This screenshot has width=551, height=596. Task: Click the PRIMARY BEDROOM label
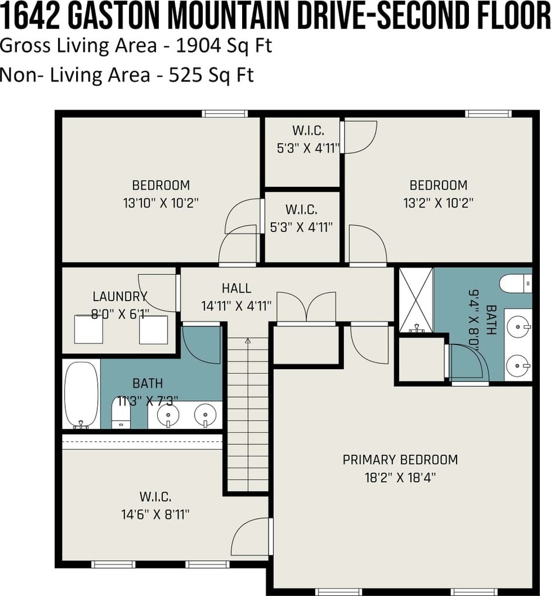pos(400,459)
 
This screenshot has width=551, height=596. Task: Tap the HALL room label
pos(237,288)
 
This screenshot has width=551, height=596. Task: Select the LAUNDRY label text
pos(120,296)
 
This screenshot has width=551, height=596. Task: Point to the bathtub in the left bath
pos(81,394)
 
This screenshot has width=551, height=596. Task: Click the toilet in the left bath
pos(121,413)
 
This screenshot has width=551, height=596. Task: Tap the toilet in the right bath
pos(516,284)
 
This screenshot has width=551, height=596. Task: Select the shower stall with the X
pos(416,300)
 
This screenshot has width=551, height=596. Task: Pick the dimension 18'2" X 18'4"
pos(400,478)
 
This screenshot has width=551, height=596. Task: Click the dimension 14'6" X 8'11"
pos(155,515)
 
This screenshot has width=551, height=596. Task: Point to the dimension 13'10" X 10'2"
pos(161,203)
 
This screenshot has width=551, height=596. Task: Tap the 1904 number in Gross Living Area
pos(199,46)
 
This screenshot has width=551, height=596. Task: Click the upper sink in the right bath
pos(518,326)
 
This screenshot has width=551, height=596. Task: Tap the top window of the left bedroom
pos(225,113)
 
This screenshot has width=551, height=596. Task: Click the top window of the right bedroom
pos(488,113)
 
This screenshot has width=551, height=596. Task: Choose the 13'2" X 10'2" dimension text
pos(438,203)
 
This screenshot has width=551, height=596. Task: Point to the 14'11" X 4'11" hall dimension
pos(237,305)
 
